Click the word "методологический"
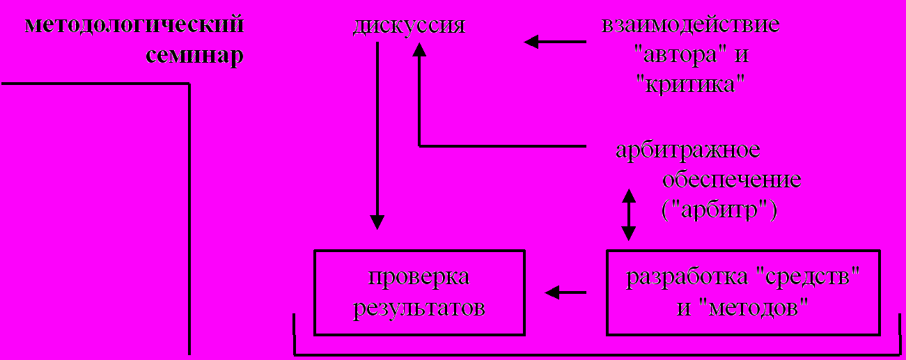point(134,26)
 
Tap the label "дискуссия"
point(408,26)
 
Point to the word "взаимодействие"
point(690,26)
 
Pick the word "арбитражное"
point(687,150)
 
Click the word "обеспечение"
point(731,180)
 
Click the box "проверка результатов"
point(419,292)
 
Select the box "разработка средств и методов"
point(743,292)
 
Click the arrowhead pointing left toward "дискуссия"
point(532,42)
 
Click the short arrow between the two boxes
point(565,292)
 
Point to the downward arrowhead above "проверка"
point(377,222)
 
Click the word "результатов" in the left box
point(419,307)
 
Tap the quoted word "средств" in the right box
point(808,278)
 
